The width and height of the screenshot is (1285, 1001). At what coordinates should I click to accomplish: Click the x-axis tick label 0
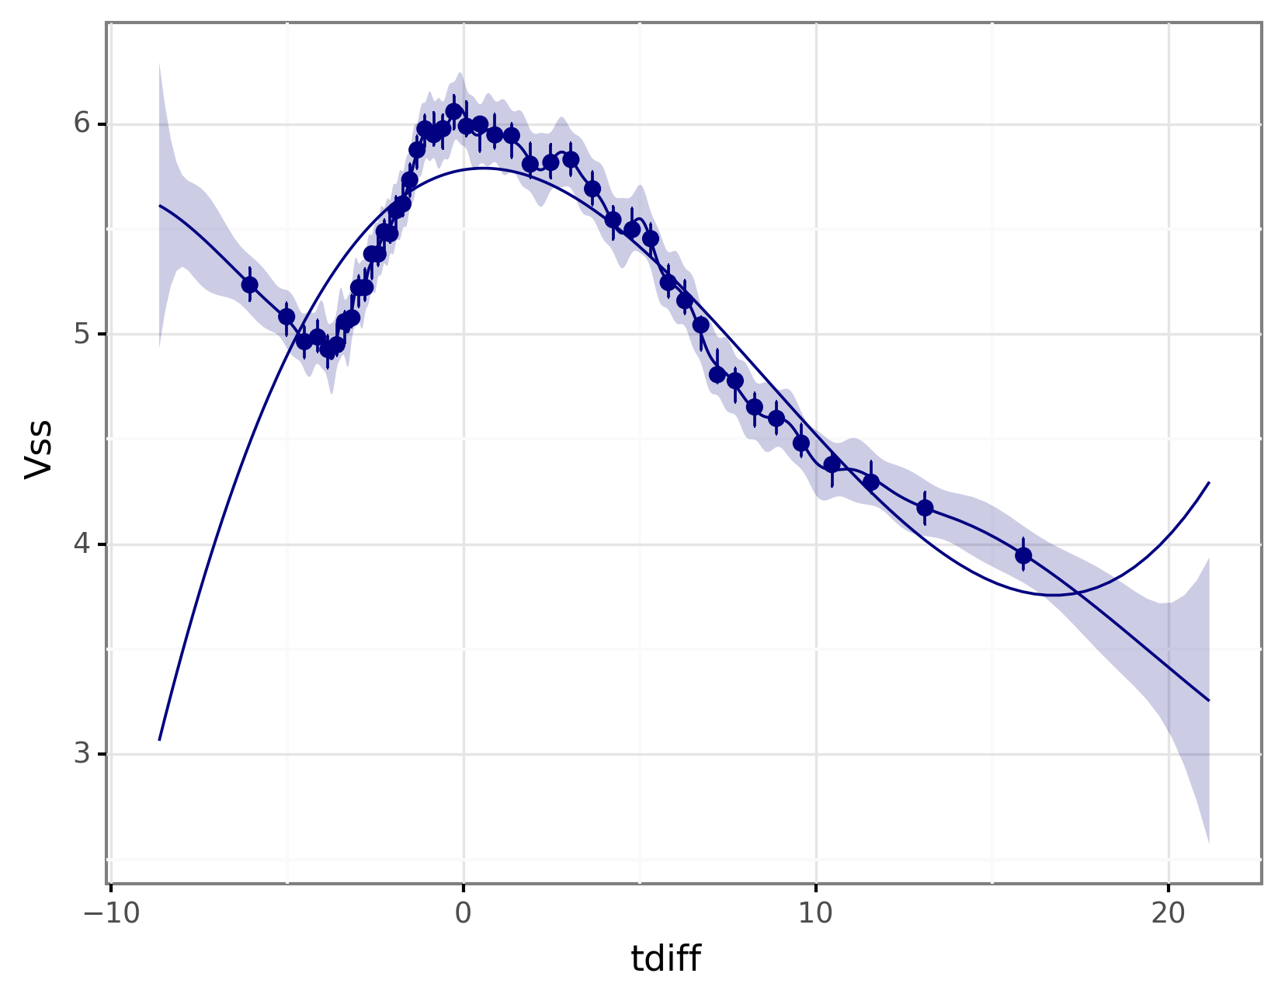pyautogui.click(x=464, y=914)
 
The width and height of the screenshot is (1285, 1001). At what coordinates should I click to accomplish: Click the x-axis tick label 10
pyautogui.click(x=816, y=914)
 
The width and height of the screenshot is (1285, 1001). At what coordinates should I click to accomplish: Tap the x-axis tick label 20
pyautogui.click(x=1169, y=914)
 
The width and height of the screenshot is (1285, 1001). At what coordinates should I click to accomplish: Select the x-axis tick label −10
pyautogui.click(x=112, y=914)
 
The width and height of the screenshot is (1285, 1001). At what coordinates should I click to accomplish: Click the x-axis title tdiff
pyautogui.click(x=665, y=959)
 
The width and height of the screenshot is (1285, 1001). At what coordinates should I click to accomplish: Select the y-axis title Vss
pyautogui.click(x=39, y=449)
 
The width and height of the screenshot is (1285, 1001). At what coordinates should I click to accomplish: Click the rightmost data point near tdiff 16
pyautogui.click(x=1023, y=555)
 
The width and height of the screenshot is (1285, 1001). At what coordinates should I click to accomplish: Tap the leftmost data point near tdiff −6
pyautogui.click(x=249, y=285)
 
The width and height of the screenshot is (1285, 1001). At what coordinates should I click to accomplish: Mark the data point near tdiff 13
pyautogui.click(x=925, y=508)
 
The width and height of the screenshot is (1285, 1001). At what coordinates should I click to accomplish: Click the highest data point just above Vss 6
pyautogui.click(x=454, y=112)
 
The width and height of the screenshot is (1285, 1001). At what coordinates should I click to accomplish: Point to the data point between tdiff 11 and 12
pyautogui.click(x=871, y=482)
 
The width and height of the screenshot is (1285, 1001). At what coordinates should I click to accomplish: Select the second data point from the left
pyautogui.click(x=287, y=317)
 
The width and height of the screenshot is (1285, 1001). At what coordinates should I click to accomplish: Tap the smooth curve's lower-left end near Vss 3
pyautogui.click(x=159, y=739)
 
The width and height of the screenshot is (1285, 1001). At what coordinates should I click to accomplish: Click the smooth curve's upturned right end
pyautogui.click(x=1209, y=483)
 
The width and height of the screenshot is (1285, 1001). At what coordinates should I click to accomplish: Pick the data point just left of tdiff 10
pyautogui.click(x=801, y=443)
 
